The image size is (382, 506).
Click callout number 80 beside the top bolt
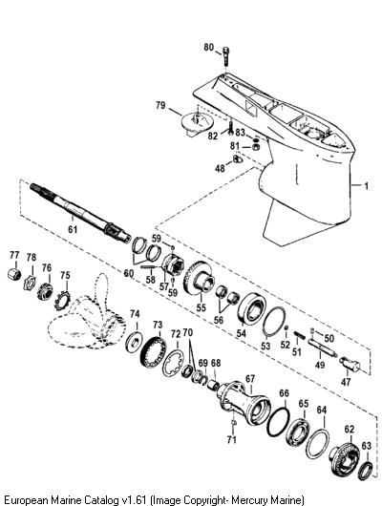[x=208, y=48]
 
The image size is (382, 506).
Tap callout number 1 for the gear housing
[x=366, y=186]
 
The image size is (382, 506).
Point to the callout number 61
[x=73, y=229]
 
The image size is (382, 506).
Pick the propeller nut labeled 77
[x=14, y=274]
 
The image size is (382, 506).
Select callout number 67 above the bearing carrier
[x=250, y=379]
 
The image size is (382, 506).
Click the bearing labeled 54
[x=252, y=307]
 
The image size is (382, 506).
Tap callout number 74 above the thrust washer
[x=135, y=314]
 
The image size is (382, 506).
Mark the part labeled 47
[x=350, y=365]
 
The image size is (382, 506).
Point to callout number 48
[x=221, y=168]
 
